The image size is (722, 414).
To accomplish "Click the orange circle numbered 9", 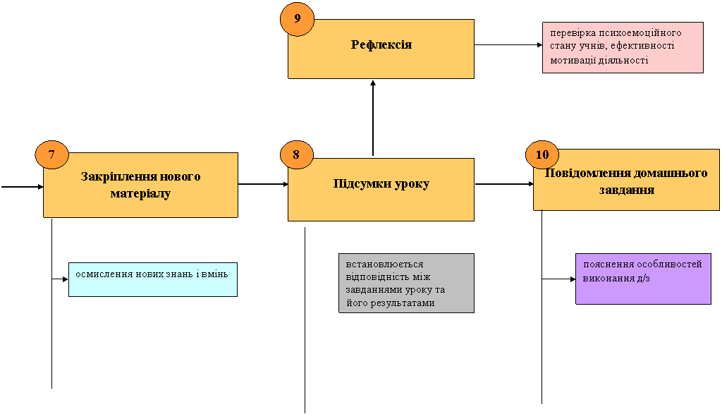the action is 297,19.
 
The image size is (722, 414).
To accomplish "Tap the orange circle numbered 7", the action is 51,154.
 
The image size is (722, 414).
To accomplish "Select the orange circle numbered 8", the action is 297,154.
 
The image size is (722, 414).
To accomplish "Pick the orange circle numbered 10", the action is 542,154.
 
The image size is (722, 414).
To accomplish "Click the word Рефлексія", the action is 381,44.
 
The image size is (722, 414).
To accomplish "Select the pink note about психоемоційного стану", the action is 623,47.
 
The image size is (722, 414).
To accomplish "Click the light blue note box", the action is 153,279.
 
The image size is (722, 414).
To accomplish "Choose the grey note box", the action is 406,284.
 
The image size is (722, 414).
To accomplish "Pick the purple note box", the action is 643,279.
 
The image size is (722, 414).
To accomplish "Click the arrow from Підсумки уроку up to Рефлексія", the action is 373,118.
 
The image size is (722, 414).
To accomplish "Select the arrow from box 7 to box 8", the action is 263,184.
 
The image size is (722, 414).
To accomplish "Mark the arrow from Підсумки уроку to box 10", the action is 504,184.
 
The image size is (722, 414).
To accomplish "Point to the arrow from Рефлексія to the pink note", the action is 508,45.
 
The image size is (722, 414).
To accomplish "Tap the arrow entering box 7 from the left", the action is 22,187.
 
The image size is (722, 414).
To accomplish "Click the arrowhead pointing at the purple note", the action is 573,279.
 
